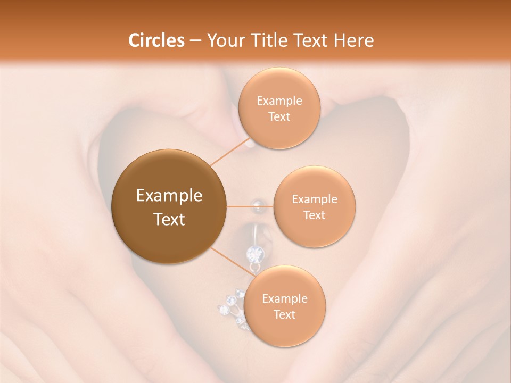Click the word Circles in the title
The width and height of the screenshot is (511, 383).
(x=156, y=40)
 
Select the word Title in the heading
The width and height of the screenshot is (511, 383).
(x=274, y=40)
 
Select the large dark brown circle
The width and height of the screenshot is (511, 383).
(x=169, y=206)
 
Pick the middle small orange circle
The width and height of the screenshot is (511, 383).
(x=314, y=206)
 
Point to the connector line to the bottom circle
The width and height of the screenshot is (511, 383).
(x=232, y=262)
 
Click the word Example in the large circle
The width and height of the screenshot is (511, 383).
(x=169, y=196)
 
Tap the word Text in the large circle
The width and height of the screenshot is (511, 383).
(x=169, y=219)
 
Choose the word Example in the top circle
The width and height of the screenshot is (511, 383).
(x=279, y=101)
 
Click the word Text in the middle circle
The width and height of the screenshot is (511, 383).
(x=314, y=215)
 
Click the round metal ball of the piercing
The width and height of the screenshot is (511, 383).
(x=258, y=204)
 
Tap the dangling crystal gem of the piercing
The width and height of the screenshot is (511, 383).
(x=254, y=253)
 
